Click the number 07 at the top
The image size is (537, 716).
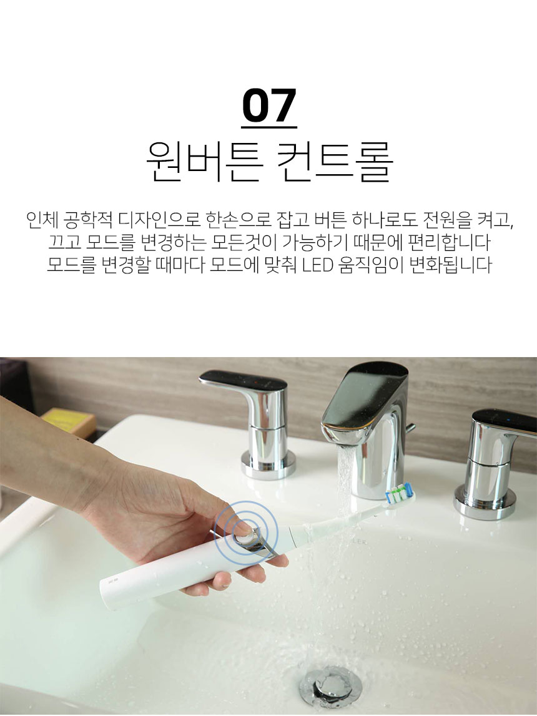[x=269, y=105]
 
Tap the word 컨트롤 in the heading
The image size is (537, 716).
[x=334, y=161]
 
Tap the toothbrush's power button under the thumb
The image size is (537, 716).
[x=246, y=535]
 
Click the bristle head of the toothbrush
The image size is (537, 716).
[x=400, y=494]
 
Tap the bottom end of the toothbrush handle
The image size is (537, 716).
[x=104, y=596]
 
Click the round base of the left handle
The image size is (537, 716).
[x=268, y=465]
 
